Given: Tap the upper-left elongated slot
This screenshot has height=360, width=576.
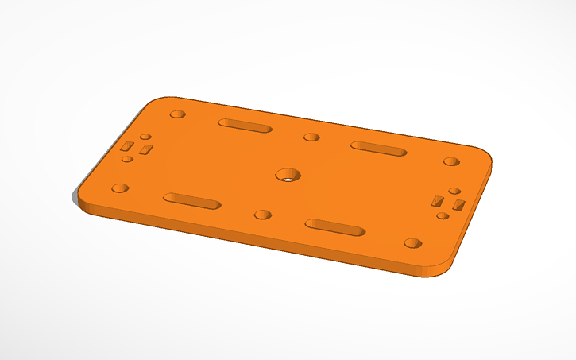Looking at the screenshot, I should pyautogui.click(x=245, y=126).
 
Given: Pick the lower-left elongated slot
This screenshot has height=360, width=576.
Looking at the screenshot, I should pyautogui.click(x=191, y=200).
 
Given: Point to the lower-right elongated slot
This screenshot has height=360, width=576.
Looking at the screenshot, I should pyautogui.click(x=335, y=227).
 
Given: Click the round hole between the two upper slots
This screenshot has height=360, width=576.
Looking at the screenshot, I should pyautogui.click(x=311, y=137).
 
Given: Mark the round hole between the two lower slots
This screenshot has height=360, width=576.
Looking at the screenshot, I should pyautogui.click(x=261, y=215).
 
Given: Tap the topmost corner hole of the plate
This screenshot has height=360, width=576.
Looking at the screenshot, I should pyautogui.click(x=178, y=114).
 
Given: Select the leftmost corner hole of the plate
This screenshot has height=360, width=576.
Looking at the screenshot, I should pyautogui.click(x=120, y=188).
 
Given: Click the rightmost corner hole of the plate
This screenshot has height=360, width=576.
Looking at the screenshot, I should pyautogui.click(x=451, y=162).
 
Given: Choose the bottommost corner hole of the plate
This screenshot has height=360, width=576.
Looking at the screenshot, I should pyautogui.click(x=412, y=242).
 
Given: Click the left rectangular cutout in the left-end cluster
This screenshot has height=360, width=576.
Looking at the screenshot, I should pyautogui.click(x=127, y=146).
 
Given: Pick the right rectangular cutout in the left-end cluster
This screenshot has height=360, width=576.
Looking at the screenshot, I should pyautogui.click(x=145, y=149).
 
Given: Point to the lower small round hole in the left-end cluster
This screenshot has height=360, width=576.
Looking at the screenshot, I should pyautogui.click(x=127, y=159).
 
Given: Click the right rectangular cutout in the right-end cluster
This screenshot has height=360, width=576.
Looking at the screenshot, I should pyautogui.click(x=458, y=206).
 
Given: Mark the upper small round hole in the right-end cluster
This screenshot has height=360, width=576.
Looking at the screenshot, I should pyautogui.click(x=454, y=191).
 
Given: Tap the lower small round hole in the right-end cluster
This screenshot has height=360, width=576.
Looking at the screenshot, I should pyautogui.click(x=442, y=215).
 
